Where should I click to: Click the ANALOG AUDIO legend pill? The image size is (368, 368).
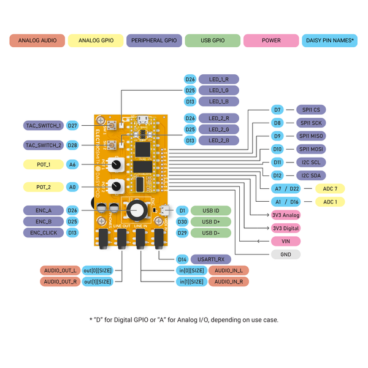(x=37, y=40)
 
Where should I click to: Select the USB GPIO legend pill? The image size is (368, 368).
(x=213, y=40)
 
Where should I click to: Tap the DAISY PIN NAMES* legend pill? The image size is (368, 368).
(x=329, y=40)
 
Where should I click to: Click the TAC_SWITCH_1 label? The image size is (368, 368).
(x=44, y=125)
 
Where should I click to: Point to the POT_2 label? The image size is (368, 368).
(x=44, y=186)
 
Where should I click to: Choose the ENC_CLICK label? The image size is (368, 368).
(x=44, y=232)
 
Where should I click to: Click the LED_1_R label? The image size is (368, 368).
(x=219, y=79)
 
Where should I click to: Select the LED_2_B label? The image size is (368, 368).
(x=219, y=140)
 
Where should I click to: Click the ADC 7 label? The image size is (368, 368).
(x=330, y=188)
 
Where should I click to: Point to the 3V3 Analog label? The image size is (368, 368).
(x=285, y=215)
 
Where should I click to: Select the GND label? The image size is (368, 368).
(x=285, y=254)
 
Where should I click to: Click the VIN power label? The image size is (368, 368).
(x=285, y=241)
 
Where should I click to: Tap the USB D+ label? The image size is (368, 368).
(x=210, y=221)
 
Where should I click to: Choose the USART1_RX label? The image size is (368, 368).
(x=210, y=259)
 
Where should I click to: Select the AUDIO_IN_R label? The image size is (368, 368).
(x=229, y=282)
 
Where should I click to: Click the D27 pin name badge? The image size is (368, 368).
(x=73, y=125)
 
